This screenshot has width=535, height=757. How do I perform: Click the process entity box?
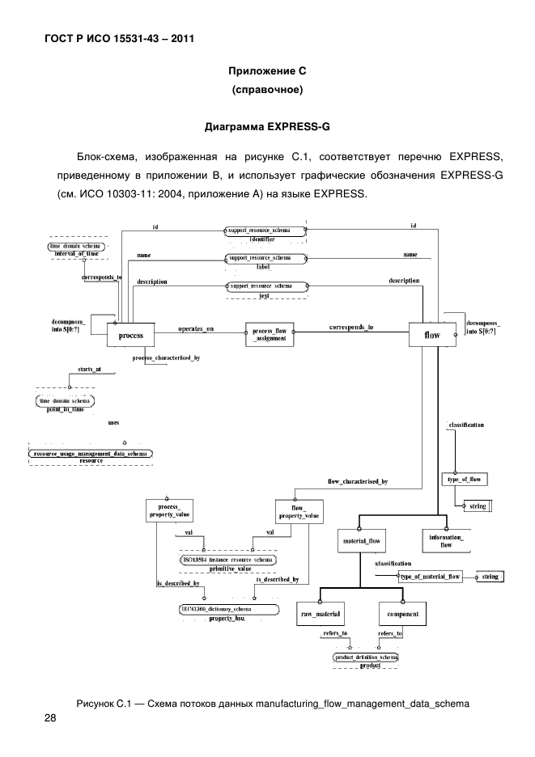coord(130,335)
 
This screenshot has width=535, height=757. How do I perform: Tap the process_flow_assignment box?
coord(270,336)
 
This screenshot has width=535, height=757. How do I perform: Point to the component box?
coord(403,615)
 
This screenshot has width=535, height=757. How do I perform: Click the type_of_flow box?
coord(464,480)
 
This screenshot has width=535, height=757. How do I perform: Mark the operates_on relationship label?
coord(195,329)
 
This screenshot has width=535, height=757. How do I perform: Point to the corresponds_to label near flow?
coord(351,328)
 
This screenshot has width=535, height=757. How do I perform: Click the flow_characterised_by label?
coord(357,481)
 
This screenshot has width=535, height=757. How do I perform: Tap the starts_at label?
coord(89,368)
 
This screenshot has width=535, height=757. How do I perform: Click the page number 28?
coord(50,718)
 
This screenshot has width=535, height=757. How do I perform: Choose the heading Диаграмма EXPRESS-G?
coord(267,127)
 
